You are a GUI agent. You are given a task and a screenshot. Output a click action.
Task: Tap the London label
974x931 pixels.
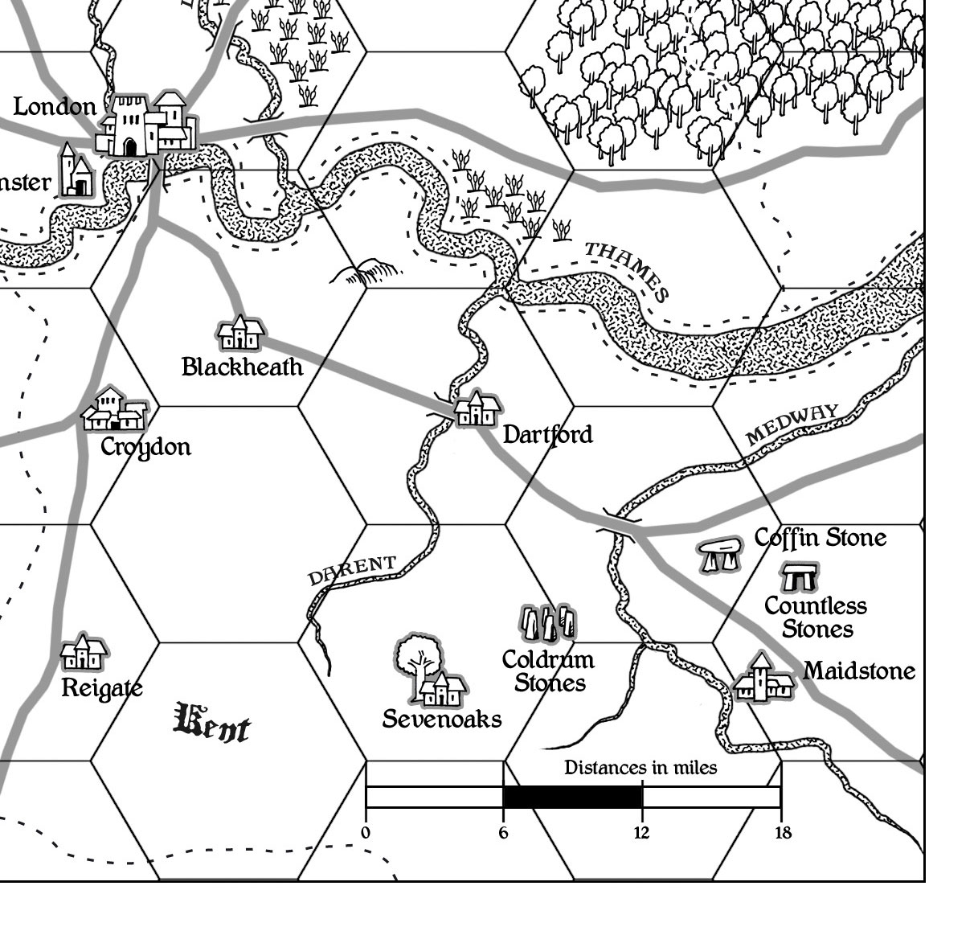(x=55, y=106)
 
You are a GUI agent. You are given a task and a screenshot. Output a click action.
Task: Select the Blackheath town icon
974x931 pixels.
(x=240, y=334)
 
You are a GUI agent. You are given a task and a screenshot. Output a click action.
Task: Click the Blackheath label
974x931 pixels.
(x=242, y=367)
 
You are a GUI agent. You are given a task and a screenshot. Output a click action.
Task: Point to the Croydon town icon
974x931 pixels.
(x=116, y=410)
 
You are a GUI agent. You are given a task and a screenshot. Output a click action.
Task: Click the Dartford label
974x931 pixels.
(x=547, y=435)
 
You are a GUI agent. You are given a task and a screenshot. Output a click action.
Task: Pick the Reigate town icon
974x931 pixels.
(x=84, y=653)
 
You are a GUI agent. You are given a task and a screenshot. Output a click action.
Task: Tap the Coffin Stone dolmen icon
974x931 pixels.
(x=720, y=556)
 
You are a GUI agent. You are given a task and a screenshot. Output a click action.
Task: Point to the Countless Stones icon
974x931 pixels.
(x=800, y=576)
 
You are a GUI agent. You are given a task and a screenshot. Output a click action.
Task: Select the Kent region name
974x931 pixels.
(x=211, y=723)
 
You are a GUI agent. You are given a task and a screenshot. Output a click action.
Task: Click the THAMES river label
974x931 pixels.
(x=628, y=269)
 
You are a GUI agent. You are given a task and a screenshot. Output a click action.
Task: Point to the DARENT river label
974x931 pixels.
(x=352, y=571)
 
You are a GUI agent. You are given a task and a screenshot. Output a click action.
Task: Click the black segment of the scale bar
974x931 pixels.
(x=572, y=797)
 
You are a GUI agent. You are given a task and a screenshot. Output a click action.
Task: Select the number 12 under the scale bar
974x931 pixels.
(x=641, y=833)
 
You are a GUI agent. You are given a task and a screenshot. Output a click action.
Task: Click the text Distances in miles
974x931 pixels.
(x=640, y=768)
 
